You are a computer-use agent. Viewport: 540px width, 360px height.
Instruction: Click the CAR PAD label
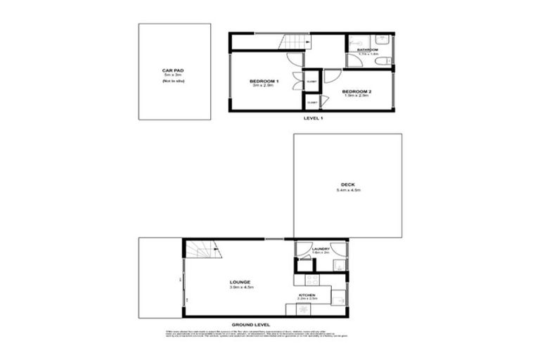coord(174,70)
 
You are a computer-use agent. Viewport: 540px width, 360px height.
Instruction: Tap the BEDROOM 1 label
coord(264,82)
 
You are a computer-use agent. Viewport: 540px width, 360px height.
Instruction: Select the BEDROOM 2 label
coord(356,91)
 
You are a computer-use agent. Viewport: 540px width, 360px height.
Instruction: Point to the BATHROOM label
coord(367,50)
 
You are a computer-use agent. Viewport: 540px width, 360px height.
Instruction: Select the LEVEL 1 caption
coord(313,118)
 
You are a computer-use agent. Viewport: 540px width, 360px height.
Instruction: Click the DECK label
coord(347,184)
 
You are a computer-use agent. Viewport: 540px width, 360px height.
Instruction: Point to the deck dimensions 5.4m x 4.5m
coord(347,191)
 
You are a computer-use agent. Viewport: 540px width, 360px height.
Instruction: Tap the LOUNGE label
coord(239,282)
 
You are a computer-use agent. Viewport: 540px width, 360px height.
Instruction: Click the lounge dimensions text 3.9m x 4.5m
coord(239,288)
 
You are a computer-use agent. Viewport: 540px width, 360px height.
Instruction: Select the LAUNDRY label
coord(321,249)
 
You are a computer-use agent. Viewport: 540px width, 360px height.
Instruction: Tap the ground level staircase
coord(205,250)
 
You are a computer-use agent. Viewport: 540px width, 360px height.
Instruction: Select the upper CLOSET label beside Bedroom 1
coord(312,82)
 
